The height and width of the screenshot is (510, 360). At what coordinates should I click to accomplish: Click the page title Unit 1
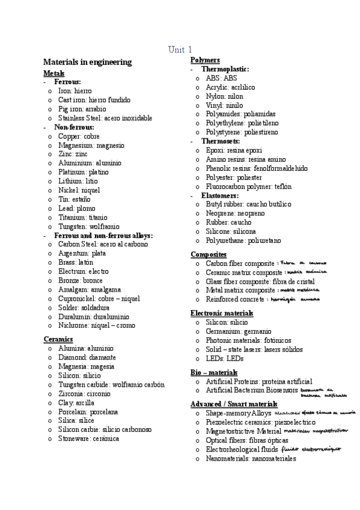click(x=180, y=49)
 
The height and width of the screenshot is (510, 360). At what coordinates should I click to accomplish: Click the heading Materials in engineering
click(x=87, y=62)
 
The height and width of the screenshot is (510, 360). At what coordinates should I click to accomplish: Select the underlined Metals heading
click(x=53, y=73)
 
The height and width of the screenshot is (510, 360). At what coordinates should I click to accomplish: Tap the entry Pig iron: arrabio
click(x=82, y=109)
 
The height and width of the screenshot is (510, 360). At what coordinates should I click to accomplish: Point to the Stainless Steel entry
click(x=105, y=118)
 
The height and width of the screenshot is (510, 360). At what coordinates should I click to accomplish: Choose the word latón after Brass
click(x=85, y=262)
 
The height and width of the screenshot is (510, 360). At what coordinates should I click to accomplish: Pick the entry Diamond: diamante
click(x=87, y=357)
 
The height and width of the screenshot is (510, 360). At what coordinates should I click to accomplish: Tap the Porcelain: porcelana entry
click(x=88, y=411)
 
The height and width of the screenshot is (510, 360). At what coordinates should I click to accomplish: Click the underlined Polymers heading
click(x=205, y=60)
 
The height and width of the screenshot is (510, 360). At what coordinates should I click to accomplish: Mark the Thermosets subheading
click(x=223, y=141)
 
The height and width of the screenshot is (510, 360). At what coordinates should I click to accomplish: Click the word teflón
click(x=279, y=186)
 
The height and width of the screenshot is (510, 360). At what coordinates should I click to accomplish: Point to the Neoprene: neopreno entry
click(x=235, y=214)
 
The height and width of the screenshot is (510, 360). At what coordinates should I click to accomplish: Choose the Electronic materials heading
click(x=221, y=313)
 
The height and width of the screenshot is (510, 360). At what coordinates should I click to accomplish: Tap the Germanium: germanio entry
click(x=238, y=331)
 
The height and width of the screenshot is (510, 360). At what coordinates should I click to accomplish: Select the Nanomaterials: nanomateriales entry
click(x=251, y=458)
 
